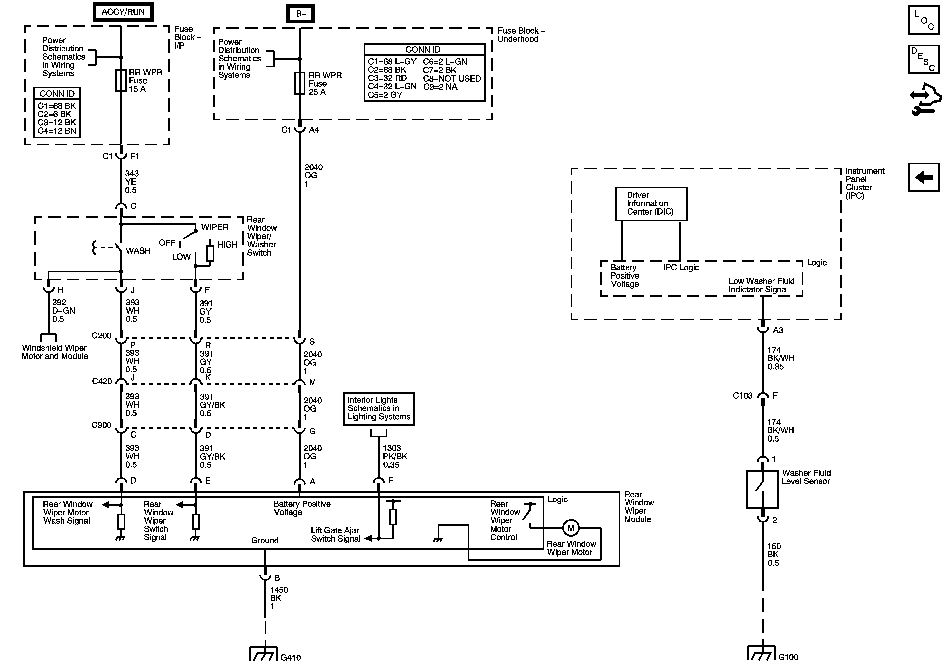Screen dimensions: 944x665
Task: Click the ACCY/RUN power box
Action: point(123,12)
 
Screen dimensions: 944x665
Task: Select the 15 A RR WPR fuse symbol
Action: point(121,80)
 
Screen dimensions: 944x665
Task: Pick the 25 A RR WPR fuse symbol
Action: point(299,83)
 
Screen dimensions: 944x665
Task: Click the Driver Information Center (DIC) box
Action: point(651,204)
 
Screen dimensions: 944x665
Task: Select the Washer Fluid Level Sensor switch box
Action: point(762,489)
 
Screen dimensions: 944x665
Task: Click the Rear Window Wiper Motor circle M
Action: point(571,528)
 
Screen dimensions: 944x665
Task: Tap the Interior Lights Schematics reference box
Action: point(379,408)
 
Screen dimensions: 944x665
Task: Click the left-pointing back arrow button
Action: point(924,177)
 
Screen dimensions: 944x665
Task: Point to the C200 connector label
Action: point(102,335)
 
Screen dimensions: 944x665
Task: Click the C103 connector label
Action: point(743,396)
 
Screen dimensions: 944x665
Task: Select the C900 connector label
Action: point(102,425)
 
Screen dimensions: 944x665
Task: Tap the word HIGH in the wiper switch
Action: point(227,245)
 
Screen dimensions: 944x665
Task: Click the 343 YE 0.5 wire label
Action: point(132,182)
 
